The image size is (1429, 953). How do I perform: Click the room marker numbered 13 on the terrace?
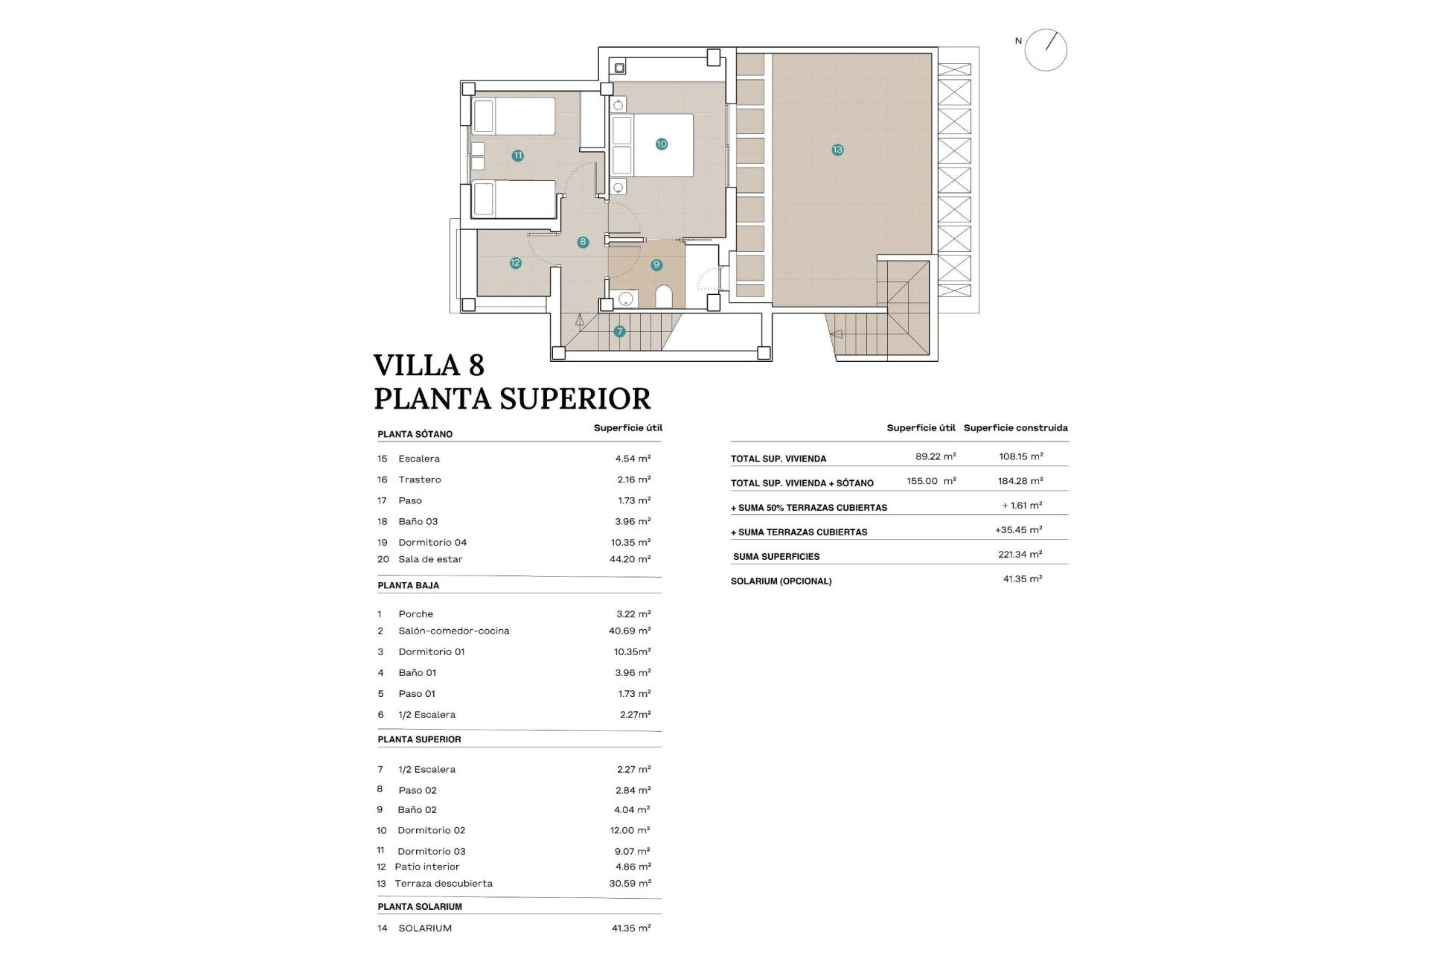click(x=837, y=150)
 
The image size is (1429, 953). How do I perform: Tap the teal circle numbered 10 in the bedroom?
click(x=661, y=144)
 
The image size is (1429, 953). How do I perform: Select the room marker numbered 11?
click(x=517, y=156)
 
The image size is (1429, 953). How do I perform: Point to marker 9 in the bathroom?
click(x=656, y=264)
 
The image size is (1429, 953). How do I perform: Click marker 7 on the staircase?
click(x=619, y=331)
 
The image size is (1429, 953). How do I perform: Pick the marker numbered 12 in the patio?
click(x=515, y=263)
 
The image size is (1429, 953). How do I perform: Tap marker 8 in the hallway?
click(x=583, y=242)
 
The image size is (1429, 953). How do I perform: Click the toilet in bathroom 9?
click(x=664, y=297)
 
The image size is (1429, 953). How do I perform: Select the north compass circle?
click(x=1045, y=50)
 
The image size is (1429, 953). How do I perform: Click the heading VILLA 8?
click(x=429, y=366)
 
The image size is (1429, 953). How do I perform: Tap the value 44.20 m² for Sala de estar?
click(x=630, y=559)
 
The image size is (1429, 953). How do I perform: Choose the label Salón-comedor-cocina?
click(x=453, y=631)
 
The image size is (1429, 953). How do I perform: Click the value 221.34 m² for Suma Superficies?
click(x=1020, y=555)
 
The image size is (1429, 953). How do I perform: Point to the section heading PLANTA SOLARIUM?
click(x=420, y=907)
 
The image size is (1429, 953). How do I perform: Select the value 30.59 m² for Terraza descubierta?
click(x=630, y=884)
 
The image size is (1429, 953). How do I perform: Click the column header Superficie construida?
click(x=1015, y=428)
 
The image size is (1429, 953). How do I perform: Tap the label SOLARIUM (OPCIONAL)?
click(x=781, y=581)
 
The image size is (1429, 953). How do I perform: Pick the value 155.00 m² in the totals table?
click(x=930, y=481)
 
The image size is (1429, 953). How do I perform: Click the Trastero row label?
click(x=419, y=479)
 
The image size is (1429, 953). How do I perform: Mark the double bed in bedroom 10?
click(x=653, y=145)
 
